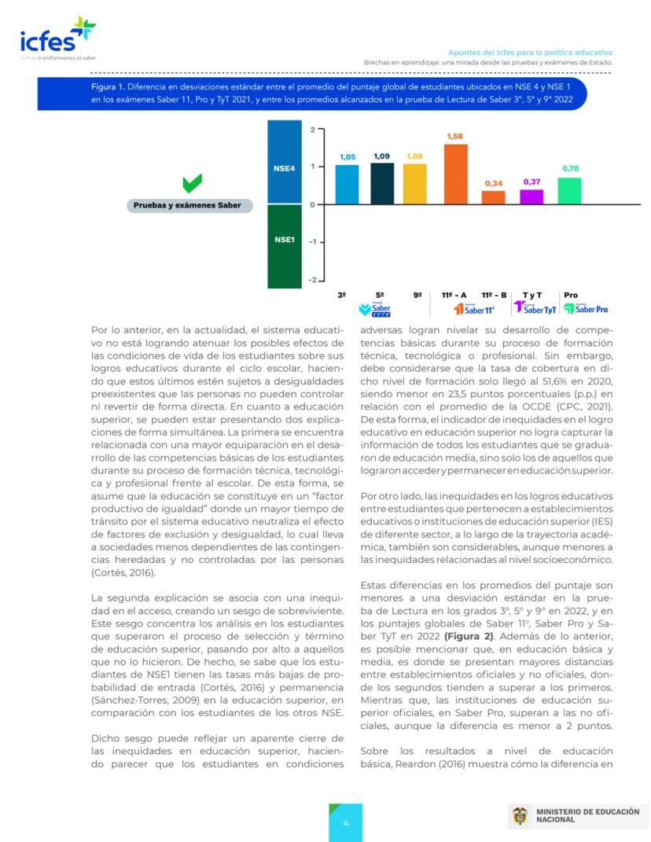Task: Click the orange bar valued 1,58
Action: (455, 173)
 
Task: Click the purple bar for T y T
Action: (531, 196)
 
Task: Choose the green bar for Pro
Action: (569, 189)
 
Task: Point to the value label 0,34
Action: (493, 183)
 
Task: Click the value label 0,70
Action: (569, 169)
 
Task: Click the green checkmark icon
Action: (193, 184)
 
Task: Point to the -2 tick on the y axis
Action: (311, 280)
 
